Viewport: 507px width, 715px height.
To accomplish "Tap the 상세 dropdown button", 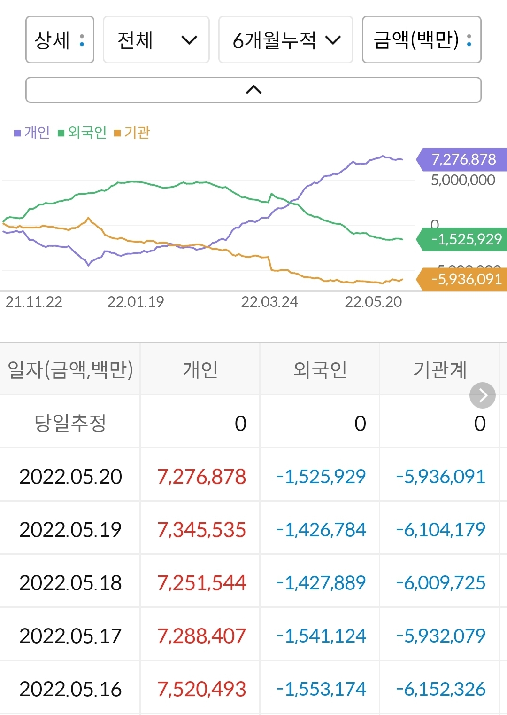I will pos(60,40).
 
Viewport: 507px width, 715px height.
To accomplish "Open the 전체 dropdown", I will pos(156,40).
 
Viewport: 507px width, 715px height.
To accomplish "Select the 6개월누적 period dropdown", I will pos(285,40).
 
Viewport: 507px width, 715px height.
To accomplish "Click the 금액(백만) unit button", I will pos(421,40).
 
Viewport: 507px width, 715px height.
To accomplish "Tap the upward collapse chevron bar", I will pos(253,90).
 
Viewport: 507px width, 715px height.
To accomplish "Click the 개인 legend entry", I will pos(32,133).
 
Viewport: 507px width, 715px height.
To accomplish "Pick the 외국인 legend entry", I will pos(83,133).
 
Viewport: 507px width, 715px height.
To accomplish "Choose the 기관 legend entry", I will pos(132,133).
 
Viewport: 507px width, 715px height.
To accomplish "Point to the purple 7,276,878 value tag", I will pos(462,159).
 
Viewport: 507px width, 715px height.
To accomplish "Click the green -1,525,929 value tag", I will pos(465,239).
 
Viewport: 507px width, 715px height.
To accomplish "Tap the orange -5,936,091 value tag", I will pos(465,279).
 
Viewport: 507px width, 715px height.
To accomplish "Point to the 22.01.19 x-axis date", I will pos(136,302).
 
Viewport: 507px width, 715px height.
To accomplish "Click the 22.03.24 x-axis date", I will pos(269,302).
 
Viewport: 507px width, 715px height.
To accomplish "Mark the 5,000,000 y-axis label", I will pos(462,180).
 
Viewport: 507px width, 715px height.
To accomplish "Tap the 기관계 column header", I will pos(439,369).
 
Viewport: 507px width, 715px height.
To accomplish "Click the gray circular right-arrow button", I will pos(482,395).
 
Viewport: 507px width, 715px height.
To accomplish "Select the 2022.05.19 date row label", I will pos(70,530).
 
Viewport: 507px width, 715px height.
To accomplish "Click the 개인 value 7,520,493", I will pos(201,689).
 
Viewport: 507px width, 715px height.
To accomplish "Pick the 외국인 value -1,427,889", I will pos(321,583).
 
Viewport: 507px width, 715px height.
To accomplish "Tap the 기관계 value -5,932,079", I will pos(440,636).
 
